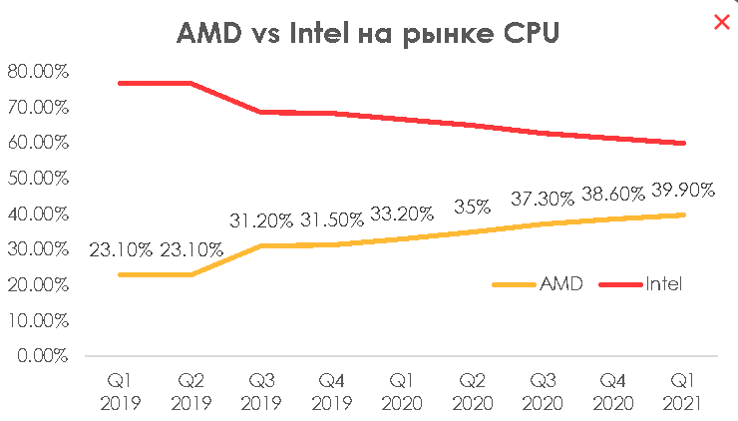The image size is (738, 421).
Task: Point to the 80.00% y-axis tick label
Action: click(x=37, y=72)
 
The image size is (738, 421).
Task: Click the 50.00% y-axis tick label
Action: click(x=37, y=179)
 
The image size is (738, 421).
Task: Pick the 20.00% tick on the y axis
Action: click(x=37, y=285)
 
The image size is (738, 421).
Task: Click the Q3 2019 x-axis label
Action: click(x=261, y=392)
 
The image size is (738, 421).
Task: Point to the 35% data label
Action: click(x=472, y=209)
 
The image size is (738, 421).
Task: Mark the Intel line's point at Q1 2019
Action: click(x=120, y=83)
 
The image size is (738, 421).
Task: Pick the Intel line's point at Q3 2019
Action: click(x=261, y=112)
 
